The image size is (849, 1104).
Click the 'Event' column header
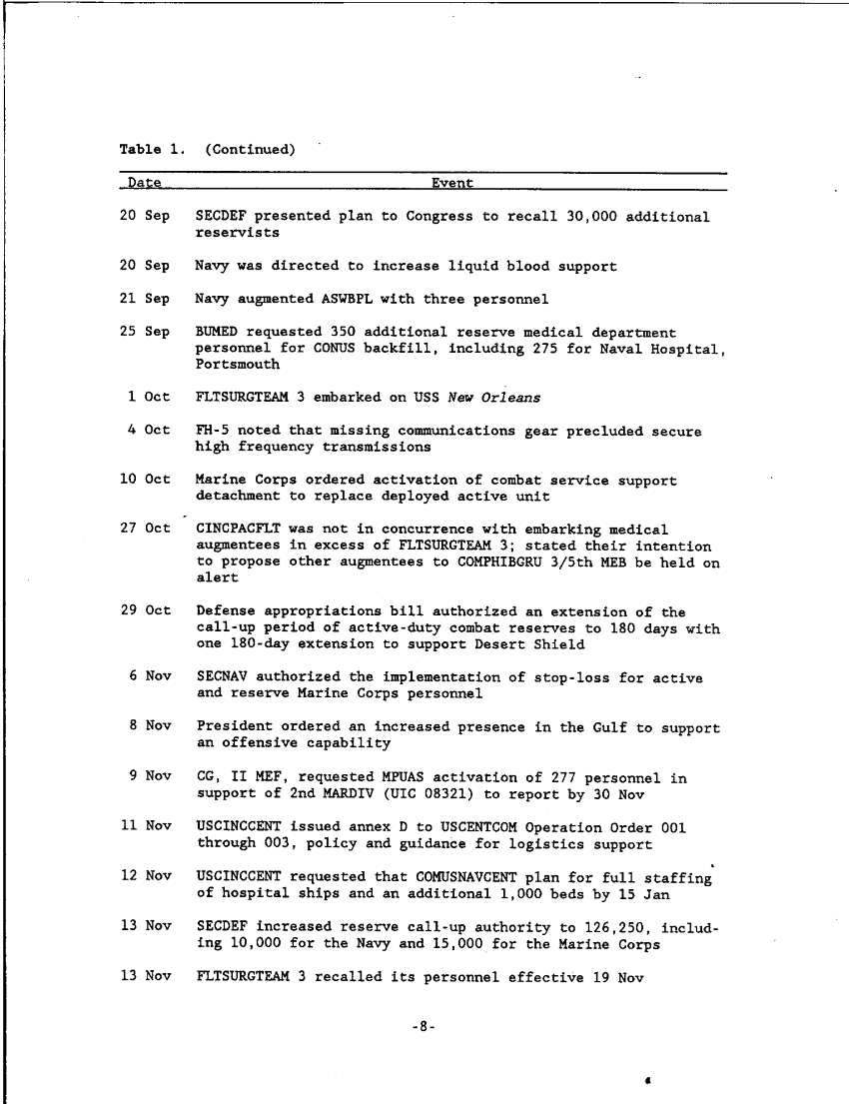point(452,183)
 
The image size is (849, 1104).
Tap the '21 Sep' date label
point(144,299)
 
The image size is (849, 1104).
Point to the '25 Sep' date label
point(144,332)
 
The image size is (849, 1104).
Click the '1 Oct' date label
point(149,397)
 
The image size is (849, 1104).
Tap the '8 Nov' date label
point(149,727)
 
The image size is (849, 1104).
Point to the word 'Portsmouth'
point(238,365)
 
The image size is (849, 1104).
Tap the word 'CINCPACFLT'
point(238,530)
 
